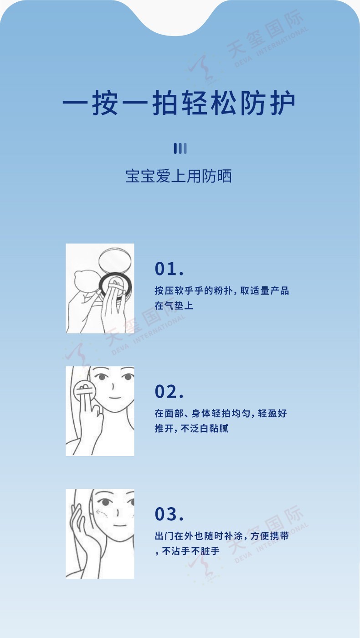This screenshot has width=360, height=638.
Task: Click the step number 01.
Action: coord(169,269)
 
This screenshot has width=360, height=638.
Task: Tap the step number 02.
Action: coord(169,391)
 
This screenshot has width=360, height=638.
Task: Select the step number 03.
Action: coord(169,514)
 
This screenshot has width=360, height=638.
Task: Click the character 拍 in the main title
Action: coord(165,103)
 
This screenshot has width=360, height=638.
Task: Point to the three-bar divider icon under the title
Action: coord(180,148)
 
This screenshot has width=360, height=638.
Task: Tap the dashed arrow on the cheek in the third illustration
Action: coord(102,513)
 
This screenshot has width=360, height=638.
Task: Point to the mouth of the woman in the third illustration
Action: coord(120,525)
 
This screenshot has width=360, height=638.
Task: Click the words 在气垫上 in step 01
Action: coord(174,306)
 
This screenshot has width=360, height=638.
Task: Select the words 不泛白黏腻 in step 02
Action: coord(205,428)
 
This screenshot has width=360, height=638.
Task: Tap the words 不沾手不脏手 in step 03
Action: coord(190,551)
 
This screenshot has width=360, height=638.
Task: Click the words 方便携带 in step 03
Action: coord(269,536)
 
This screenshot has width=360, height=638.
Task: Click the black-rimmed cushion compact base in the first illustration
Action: coord(115,286)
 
